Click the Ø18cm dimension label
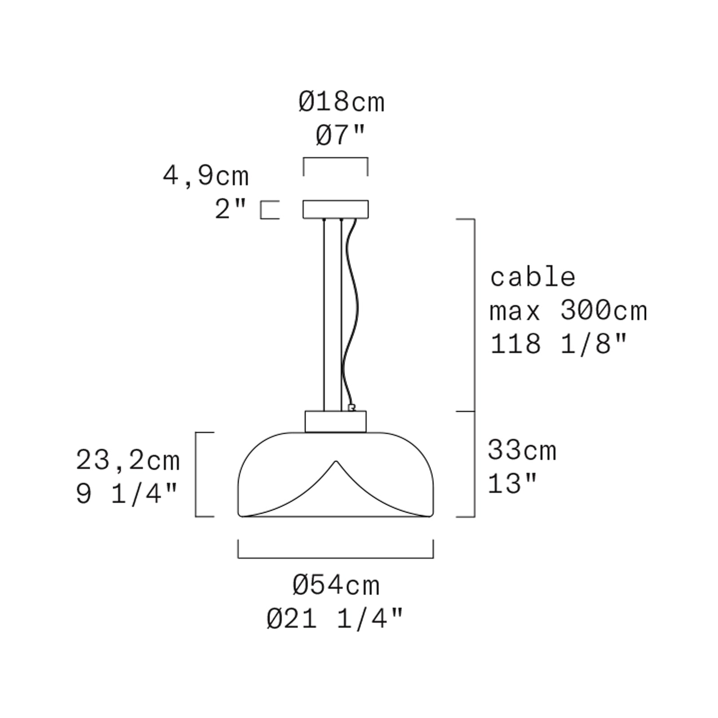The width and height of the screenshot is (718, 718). click(341, 102)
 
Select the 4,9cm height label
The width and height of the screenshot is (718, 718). click(206, 176)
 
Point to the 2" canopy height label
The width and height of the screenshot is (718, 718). click(231, 209)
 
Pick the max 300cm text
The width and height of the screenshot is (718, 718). click(568, 311)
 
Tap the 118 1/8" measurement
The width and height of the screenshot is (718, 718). click(558, 345)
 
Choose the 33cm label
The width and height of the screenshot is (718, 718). click(522, 450)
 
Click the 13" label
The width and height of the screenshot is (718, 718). click(512, 484)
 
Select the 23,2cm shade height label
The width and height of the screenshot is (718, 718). click(128, 461)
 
